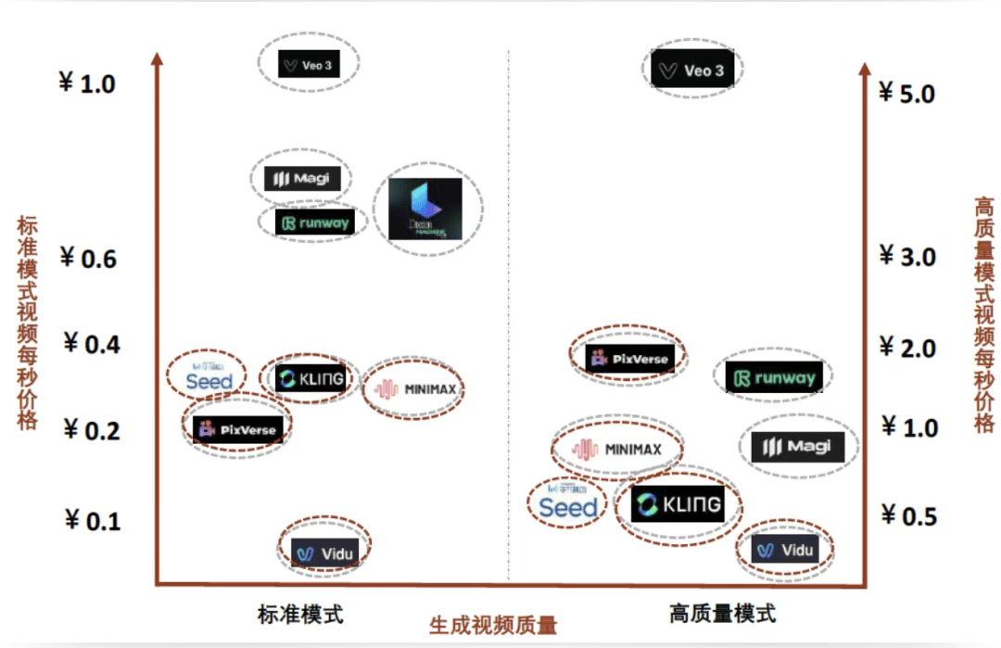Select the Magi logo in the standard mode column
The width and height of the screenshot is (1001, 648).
(297, 178)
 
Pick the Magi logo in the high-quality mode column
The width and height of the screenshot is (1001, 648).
(797, 448)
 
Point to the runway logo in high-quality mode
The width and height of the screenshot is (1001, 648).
(774, 377)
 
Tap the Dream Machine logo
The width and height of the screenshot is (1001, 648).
(425, 209)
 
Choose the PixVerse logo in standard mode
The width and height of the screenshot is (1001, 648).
(236, 430)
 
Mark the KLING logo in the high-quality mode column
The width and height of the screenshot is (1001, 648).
(678, 504)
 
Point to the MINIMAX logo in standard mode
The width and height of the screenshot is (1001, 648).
(414, 389)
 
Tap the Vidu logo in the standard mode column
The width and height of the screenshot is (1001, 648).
(323, 553)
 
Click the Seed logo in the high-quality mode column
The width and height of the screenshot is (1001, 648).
(567, 504)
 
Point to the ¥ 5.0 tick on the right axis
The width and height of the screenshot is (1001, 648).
(906, 94)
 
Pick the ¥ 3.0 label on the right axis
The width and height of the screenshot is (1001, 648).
(907, 257)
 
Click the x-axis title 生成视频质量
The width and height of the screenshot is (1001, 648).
(493, 626)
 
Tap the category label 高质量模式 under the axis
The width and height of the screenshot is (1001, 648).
(722, 613)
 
